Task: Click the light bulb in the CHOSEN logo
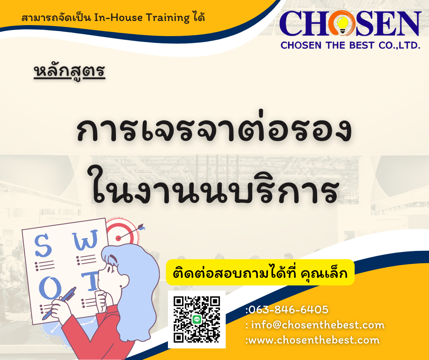(343, 24)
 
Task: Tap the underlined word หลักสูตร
(69, 72)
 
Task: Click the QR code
(197, 319)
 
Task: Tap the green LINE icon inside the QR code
(197, 319)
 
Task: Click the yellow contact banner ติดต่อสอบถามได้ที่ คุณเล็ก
(260, 272)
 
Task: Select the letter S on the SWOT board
(43, 246)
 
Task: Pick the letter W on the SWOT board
(86, 240)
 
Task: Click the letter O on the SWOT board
(50, 288)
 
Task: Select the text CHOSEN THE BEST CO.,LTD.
(350, 45)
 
